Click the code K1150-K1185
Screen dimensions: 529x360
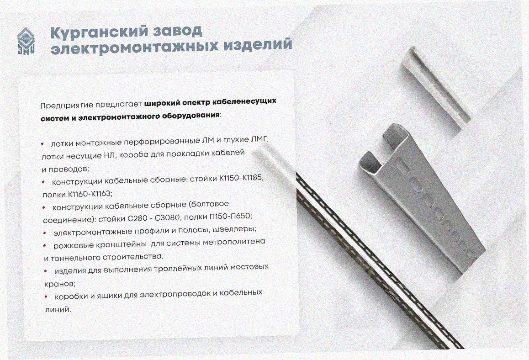(x=240, y=178)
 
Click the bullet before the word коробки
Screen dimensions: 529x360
(x=46, y=296)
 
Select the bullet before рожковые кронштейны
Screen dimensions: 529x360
(x=44, y=246)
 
